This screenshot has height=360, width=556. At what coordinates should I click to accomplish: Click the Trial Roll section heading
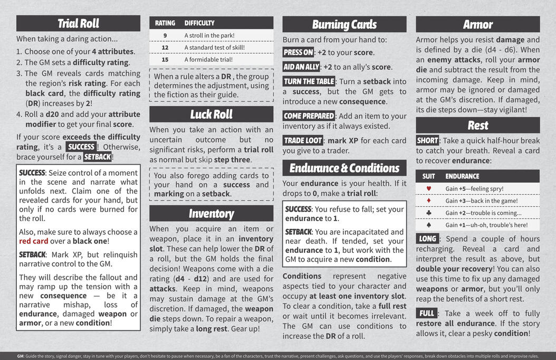[78, 23]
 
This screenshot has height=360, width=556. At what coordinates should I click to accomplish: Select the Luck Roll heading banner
[211, 115]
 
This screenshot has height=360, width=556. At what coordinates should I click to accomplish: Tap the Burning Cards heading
[344, 24]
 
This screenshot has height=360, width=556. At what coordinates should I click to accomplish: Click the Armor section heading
[477, 24]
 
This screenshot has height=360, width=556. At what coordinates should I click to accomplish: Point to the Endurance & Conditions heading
[344, 168]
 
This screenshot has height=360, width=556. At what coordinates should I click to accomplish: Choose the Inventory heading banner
[211, 213]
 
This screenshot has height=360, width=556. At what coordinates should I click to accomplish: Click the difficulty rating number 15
[165, 60]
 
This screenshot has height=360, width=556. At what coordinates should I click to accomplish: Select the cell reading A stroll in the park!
[209, 35]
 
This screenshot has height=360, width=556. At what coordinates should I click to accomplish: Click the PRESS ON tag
[298, 52]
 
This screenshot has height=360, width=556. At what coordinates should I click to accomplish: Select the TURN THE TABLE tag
[309, 81]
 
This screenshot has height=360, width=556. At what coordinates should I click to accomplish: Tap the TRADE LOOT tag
[303, 140]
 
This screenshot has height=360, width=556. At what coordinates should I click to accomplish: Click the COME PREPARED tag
[309, 116]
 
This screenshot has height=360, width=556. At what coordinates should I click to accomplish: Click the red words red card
[34, 241]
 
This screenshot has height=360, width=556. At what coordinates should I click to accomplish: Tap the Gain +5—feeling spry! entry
[474, 188]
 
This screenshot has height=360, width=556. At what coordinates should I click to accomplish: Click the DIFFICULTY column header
[199, 23]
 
